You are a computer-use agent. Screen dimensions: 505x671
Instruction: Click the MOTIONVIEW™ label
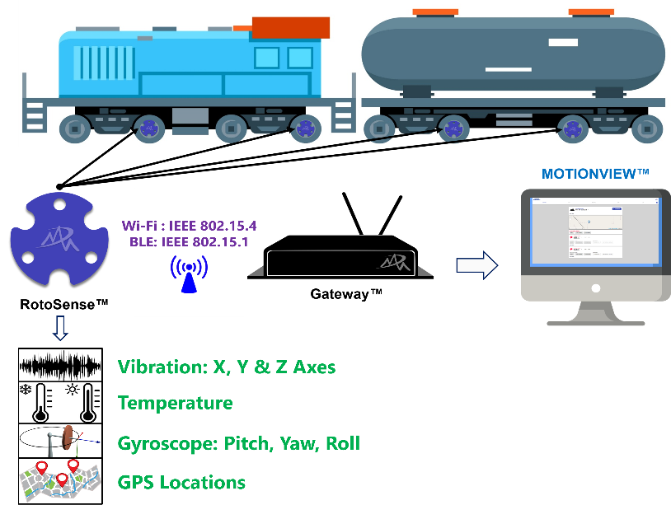[595, 174]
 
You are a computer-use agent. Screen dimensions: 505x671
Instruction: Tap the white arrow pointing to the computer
[477, 265]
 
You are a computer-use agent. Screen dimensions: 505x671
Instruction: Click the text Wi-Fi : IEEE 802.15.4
[190, 225]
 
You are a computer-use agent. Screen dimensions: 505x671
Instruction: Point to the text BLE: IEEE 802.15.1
[189, 242]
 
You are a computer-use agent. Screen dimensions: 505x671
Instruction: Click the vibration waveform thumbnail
[60, 365]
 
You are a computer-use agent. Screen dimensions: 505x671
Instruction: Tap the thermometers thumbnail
[60, 402]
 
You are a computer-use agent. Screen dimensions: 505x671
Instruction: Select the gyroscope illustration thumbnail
[60, 441]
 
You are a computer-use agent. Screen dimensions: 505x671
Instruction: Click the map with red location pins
[60, 480]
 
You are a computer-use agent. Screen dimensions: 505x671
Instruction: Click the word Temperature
[175, 403]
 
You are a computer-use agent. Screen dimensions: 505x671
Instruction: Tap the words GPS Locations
[181, 482]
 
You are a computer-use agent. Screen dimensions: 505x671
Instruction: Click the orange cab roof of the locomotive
[289, 27]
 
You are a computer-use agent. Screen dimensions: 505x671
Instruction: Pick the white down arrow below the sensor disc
[60, 327]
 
